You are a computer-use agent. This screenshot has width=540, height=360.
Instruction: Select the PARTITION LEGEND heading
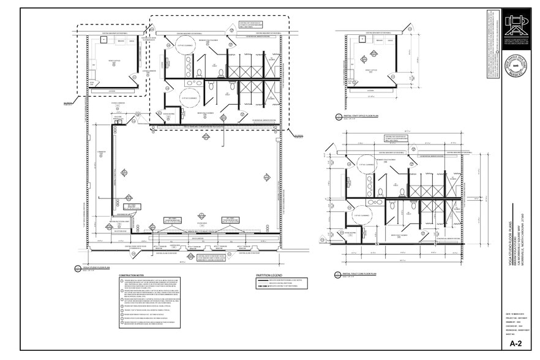pyautogui.click(x=269, y=275)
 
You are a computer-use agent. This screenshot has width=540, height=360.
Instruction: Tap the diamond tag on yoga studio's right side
pyautogui.click(x=266, y=177)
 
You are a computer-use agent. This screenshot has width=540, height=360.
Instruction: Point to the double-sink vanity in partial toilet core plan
pyautogui.click(x=371, y=184)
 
